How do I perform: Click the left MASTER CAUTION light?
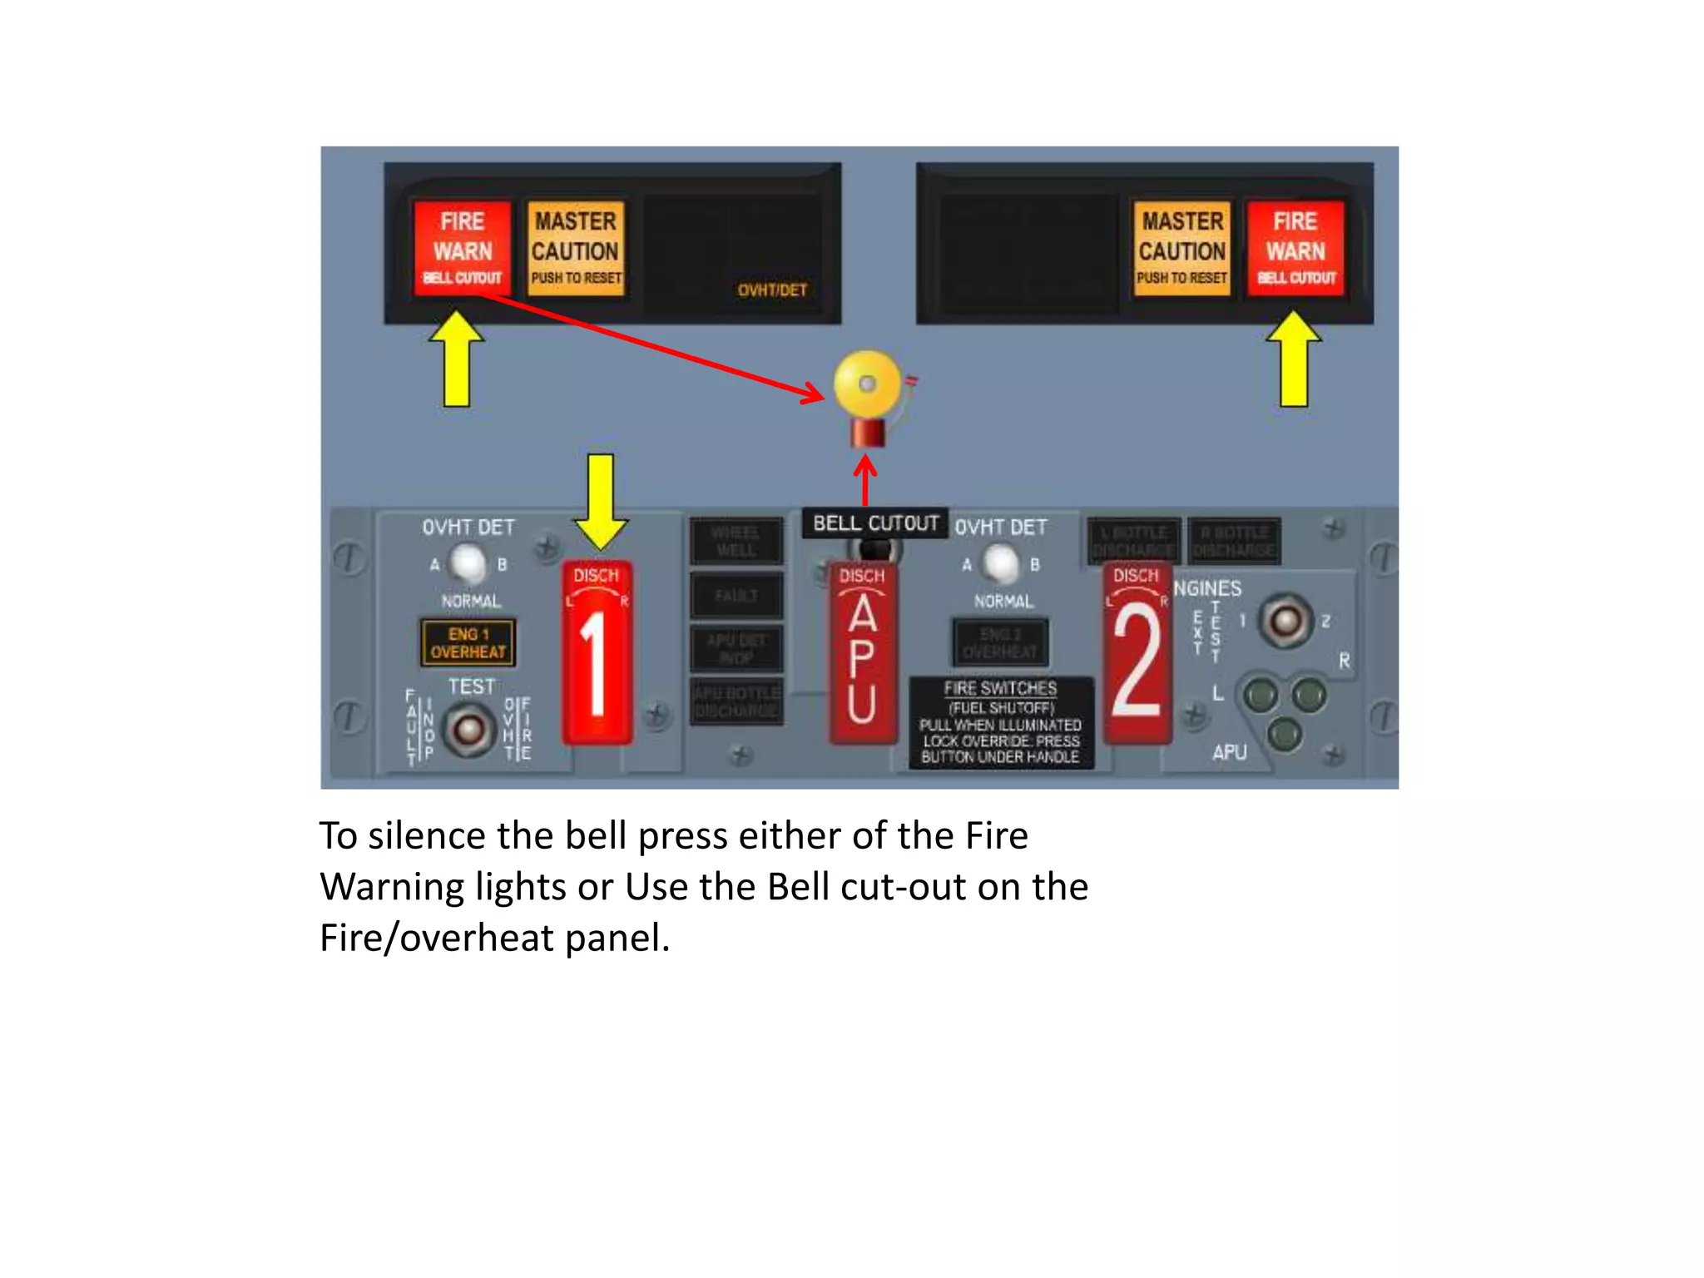click(576, 248)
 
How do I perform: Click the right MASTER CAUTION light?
click(1181, 248)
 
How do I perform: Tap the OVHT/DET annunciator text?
click(771, 290)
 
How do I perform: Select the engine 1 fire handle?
click(597, 653)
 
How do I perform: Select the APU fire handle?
click(864, 653)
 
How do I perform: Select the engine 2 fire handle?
click(1137, 653)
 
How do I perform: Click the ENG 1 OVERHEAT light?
click(468, 642)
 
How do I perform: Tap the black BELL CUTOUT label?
click(875, 523)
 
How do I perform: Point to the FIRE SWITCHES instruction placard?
click(1000, 722)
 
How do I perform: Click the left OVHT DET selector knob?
click(468, 564)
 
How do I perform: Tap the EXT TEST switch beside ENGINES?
click(1285, 621)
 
